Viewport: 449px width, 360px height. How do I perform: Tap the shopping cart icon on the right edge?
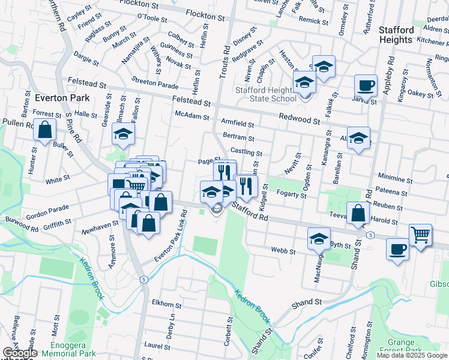420,235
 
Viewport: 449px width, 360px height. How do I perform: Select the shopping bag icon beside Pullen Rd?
45,129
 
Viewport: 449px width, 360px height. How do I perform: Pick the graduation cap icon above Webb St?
319,238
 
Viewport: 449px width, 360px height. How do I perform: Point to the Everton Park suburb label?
62,98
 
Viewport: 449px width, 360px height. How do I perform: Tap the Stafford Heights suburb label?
396,34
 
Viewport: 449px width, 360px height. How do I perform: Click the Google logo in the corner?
20,353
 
